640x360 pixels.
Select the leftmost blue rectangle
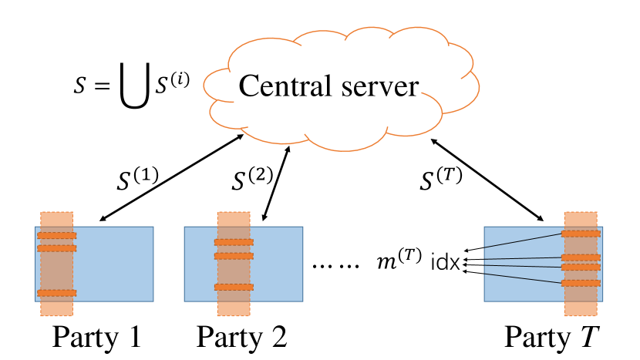pos(116,264)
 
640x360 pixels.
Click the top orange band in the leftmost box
pos(57,235)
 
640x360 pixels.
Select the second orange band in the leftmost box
pos(57,248)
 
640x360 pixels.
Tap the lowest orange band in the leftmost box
pos(57,293)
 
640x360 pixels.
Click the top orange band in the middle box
pos(234,242)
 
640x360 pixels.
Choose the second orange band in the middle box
pos(234,256)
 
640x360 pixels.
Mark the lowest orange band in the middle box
pos(234,287)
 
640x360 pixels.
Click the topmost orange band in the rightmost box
pos(581,233)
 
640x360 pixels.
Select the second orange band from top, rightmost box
pos(581,257)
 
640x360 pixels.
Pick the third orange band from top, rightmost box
pos(581,267)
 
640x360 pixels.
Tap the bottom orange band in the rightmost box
pos(581,283)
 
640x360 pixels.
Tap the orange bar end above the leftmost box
pos(57,218)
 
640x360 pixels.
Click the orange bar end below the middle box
pos(234,309)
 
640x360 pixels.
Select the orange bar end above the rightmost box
pos(581,218)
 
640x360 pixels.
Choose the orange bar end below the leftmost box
pos(57,309)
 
